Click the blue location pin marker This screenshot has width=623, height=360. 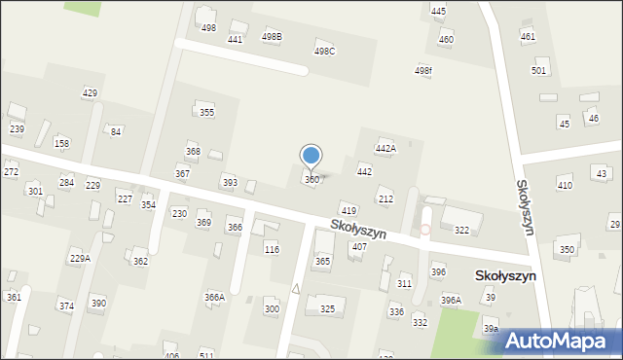[311, 156]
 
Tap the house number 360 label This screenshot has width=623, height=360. [311, 180]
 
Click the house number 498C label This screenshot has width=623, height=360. [324, 52]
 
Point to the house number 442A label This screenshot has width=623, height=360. [386, 149]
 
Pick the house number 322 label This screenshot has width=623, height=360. [461, 231]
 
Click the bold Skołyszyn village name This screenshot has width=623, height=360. [504, 275]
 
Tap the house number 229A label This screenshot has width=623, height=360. [80, 258]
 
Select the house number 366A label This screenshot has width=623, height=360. [214, 297]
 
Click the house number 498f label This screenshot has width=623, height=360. [423, 71]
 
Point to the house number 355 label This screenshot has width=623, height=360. [206, 113]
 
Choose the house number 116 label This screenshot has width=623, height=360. [272, 250]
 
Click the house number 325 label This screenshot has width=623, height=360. [327, 309]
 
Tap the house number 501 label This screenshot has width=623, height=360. [538, 71]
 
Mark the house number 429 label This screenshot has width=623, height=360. [90, 92]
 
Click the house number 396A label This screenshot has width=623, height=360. [451, 300]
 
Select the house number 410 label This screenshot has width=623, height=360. [565, 185]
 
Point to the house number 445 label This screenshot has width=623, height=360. [438, 11]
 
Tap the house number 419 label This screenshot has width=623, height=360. [348, 210]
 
